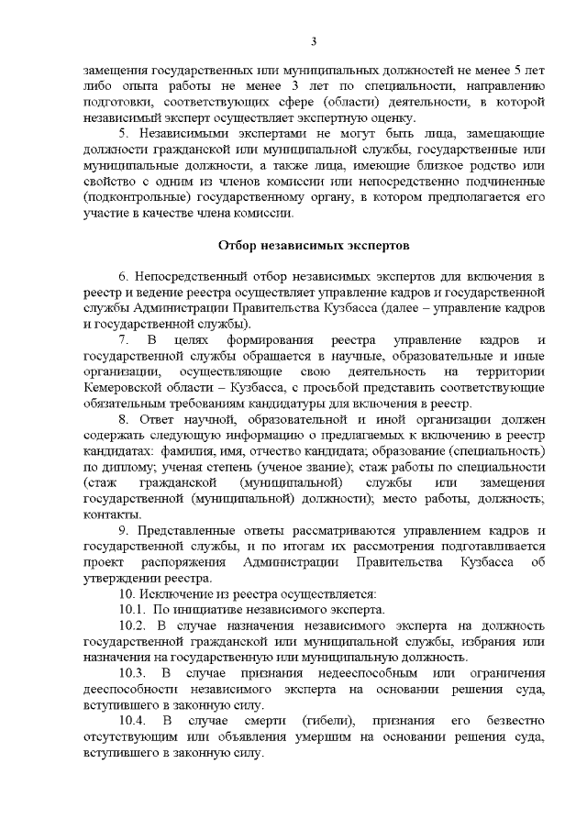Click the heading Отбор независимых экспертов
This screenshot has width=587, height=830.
click(x=314, y=245)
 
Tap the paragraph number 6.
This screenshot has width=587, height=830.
click(x=123, y=276)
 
